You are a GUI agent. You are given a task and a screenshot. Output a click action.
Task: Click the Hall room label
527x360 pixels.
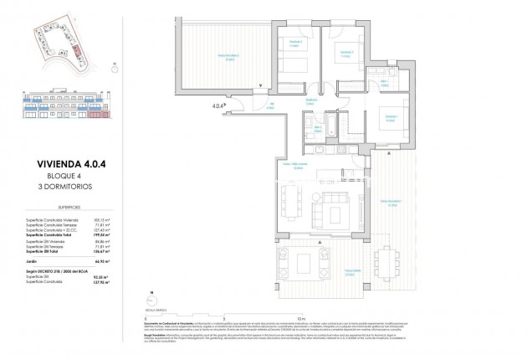click(x=271, y=105)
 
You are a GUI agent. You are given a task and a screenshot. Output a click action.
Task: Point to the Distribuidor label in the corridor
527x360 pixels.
click(x=310, y=100)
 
